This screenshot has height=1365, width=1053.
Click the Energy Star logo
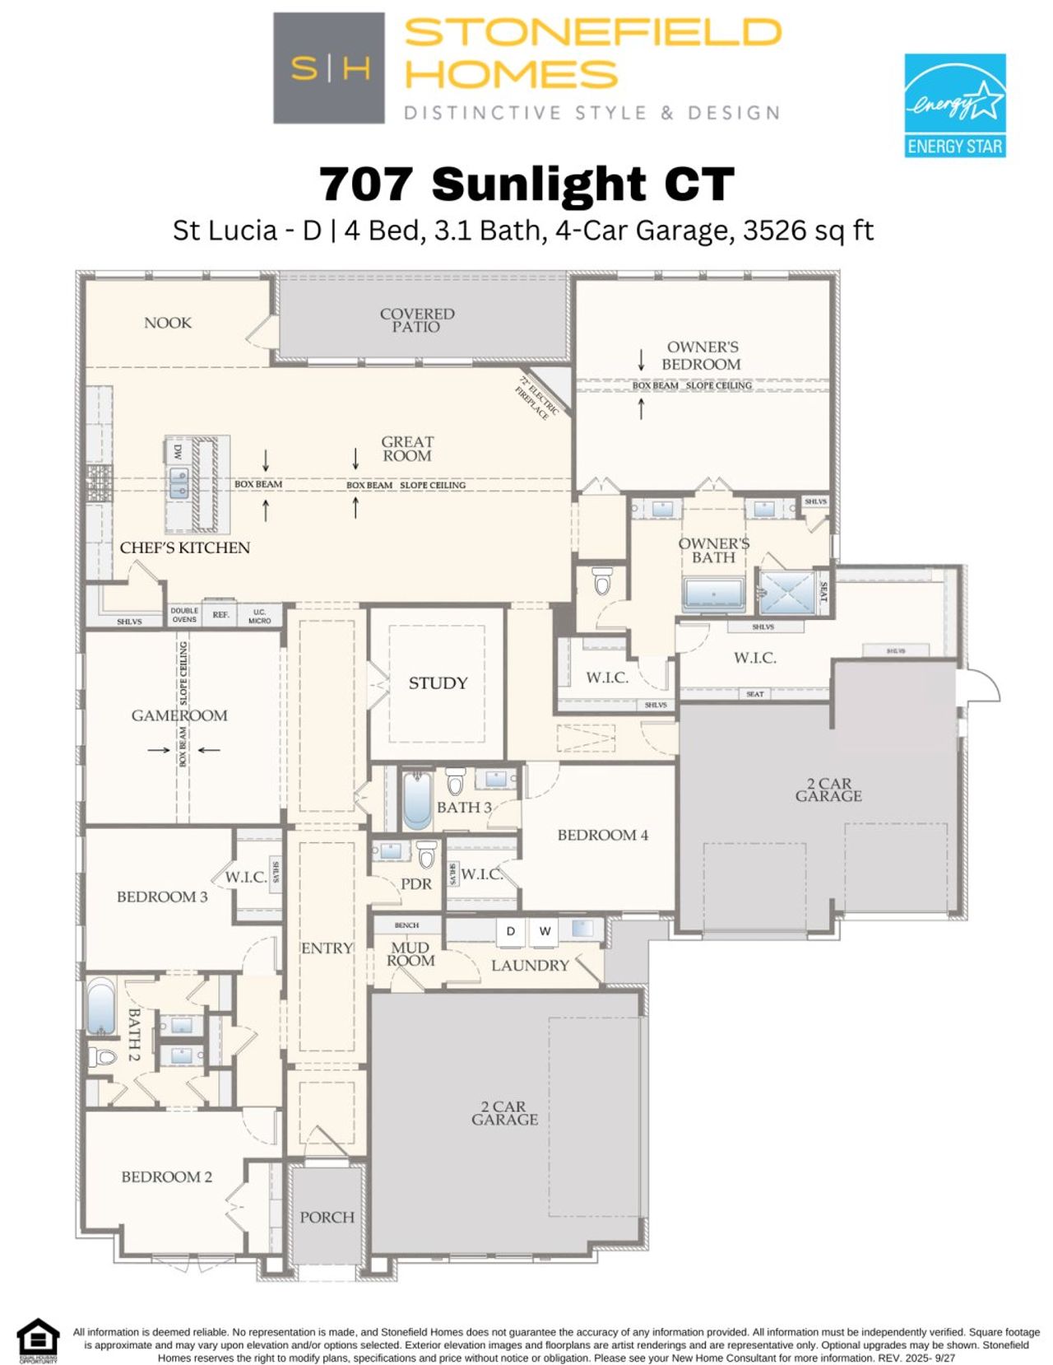click(954, 105)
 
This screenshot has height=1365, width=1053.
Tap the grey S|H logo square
click(329, 68)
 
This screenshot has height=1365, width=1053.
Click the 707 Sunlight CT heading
click(526, 184)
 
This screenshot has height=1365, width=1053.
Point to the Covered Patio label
click(417, 320)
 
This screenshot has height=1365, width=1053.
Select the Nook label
click(168, 323)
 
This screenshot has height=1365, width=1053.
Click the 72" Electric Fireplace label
click(538, 398)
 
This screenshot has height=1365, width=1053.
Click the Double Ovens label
click(184, 615)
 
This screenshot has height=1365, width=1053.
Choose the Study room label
click(438, 683)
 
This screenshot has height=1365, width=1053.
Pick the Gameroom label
click(179, 715)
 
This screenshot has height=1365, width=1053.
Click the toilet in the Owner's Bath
click(602, 581)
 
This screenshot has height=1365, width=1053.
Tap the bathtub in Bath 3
click(417, 800)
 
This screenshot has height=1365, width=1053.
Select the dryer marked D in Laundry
click(511, 931)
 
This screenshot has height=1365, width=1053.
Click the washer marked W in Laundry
click(545, 931)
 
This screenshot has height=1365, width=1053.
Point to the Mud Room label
click(411, 954)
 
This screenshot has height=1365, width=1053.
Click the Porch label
click(327, 1217)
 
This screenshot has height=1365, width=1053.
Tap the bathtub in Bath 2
click(101, 1006)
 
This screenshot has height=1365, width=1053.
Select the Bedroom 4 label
click(602, 835)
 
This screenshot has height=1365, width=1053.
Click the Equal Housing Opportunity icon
click(38, 1341)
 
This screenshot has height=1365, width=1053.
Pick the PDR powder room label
click(416, 883)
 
